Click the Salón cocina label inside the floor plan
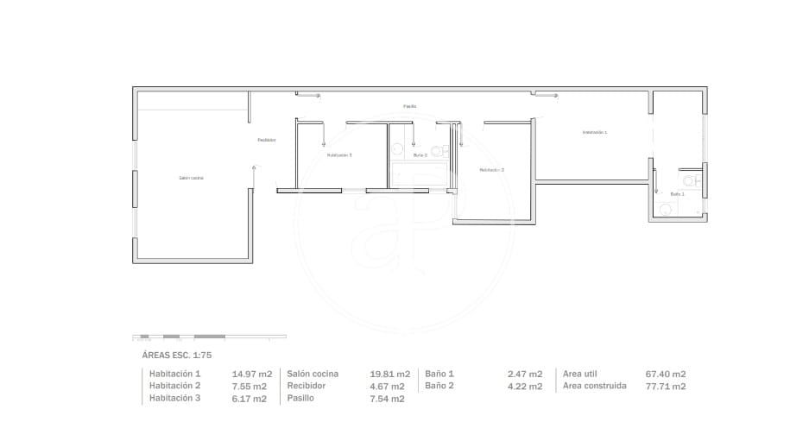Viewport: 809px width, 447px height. (191, 178)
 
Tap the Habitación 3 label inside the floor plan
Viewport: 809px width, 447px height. (339, 155)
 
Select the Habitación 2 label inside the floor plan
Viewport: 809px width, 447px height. (491, 170)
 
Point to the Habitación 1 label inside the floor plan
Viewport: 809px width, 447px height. (595, 133)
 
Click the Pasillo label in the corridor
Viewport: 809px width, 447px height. (409, 106)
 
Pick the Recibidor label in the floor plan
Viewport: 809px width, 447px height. (266, 140)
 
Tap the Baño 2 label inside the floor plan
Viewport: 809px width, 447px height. (420, 155)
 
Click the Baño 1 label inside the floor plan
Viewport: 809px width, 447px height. (677, 194)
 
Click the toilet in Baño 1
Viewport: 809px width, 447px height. (690, 181)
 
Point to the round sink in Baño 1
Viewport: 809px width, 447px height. (664, 209)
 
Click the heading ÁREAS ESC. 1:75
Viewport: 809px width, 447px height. (176, 355)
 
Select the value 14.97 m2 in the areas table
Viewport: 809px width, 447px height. (251, 375)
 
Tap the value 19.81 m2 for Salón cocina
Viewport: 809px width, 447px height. (389, 375)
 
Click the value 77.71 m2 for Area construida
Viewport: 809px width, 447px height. (666, 387)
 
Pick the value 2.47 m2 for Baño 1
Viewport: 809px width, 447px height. (524, 375)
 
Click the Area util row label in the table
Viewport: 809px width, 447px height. (584, 374)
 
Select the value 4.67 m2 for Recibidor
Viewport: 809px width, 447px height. (387, 387)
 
